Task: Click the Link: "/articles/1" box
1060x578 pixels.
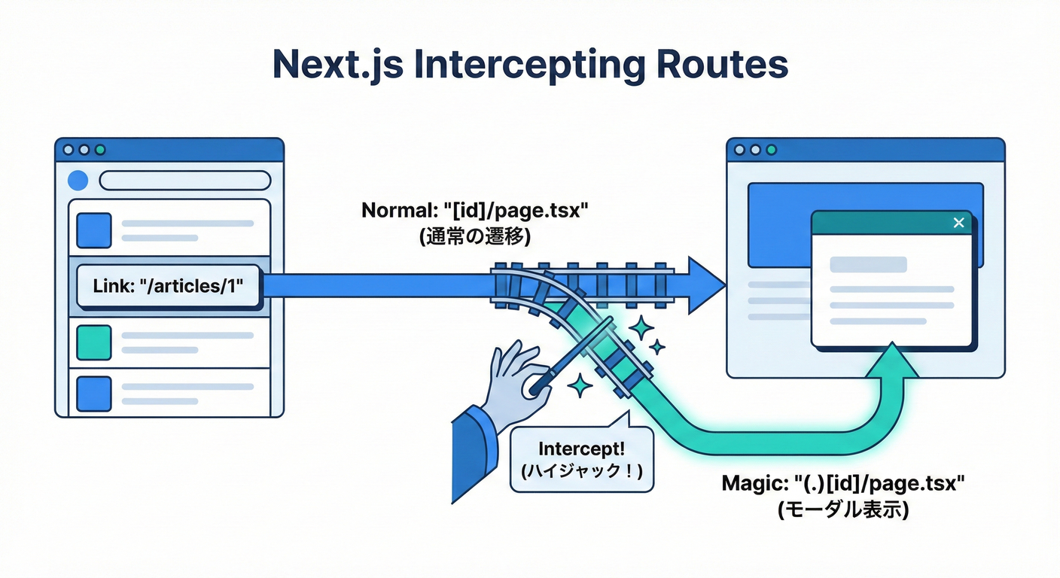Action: pos(169,287)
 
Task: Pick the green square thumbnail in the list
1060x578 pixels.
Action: pos(94,342)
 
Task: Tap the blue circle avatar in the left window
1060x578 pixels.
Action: pos(78,181)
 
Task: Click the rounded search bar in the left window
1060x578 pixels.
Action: pos(184,181)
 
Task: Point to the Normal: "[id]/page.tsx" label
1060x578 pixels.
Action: pos(474,210)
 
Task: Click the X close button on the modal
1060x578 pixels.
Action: pos(958,223)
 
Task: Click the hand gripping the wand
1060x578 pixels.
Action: pos(512,376)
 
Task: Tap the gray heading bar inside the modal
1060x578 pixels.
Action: pos(867,265)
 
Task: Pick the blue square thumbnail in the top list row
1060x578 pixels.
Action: pos(94,230)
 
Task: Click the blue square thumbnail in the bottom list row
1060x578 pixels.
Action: pos(94,394)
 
